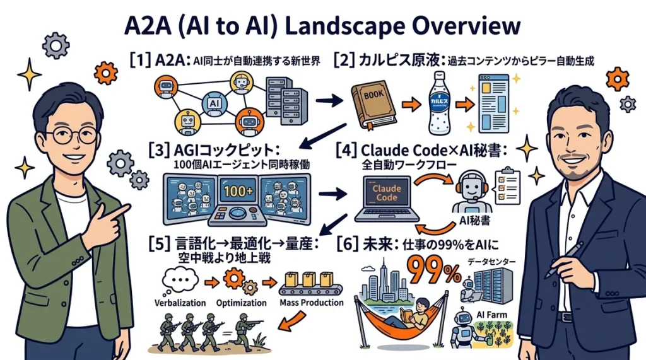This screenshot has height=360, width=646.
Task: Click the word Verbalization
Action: click(x=180, y=303)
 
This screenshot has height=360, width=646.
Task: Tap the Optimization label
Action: click(x=241, y=303)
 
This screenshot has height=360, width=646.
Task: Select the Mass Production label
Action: click(x=311, y=303)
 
